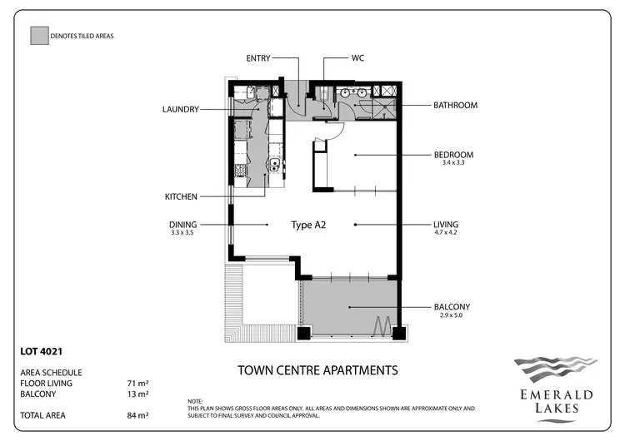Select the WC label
[x=357, y=58]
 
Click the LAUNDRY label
[x=181, y=108]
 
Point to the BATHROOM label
[x=455, y=106]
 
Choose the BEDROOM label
[x=453, y=155]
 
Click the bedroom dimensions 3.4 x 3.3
[x=453, y=163]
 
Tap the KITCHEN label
[x=181, y=196]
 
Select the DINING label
[x=182, y=225]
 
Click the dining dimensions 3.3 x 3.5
[x=182, y=233]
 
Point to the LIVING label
[x=446, y=225]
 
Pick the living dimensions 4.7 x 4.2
[x=446, y=233]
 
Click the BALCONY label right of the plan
[x=451, y=306]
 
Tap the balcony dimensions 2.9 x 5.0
[x=451, y=315]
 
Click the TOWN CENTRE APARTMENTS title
[x=317, y=369]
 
